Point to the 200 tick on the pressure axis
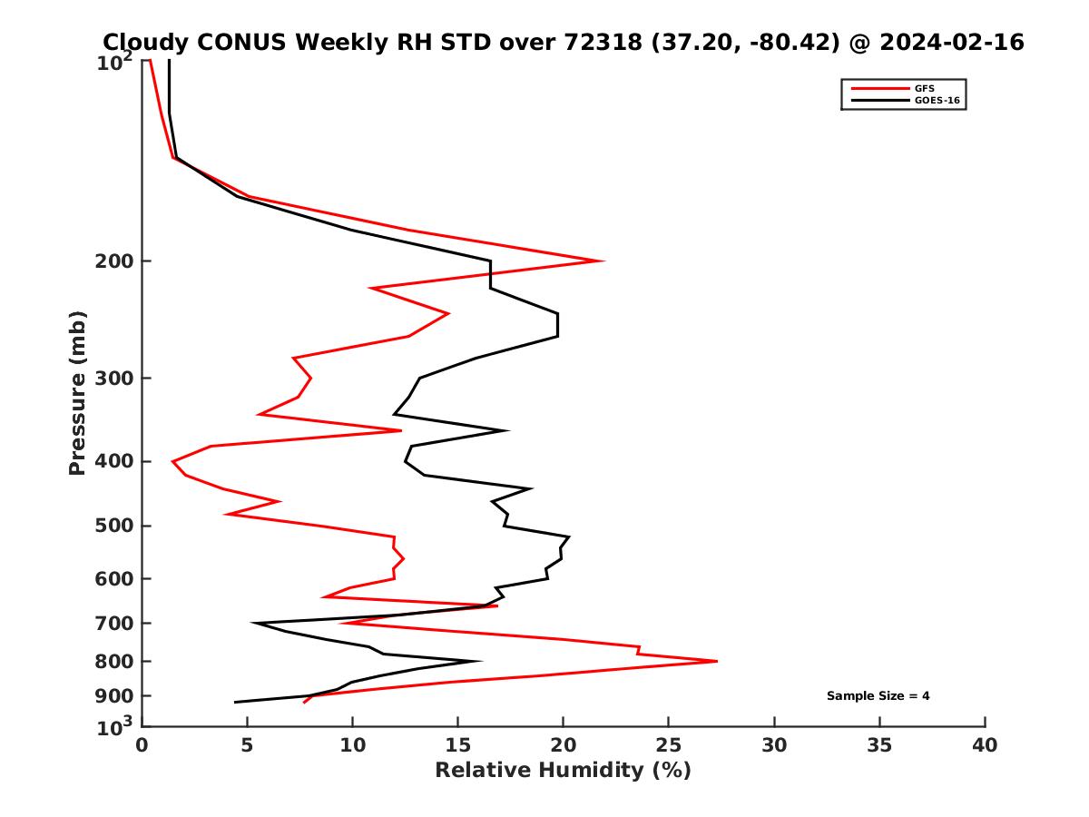tap(115, 261)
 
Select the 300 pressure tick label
tap(115, 379)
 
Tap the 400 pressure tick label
tap(115, 461)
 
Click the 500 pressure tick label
tap(115, 526)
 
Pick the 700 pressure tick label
tap(115, 624)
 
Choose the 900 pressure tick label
tap(115, 696)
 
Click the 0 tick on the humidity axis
tap(142, 745)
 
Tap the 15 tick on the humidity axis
tap(457, 745)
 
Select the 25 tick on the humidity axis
tap(669, 745)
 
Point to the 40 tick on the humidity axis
tap(985, 745)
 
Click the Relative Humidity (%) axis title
tap(563, 771)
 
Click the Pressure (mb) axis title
tap(77, 392)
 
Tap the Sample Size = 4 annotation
tap(878, 696)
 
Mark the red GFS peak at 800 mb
tap(716, 661)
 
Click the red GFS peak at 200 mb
tap(603, 261)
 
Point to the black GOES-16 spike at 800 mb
tap(480, 661)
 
